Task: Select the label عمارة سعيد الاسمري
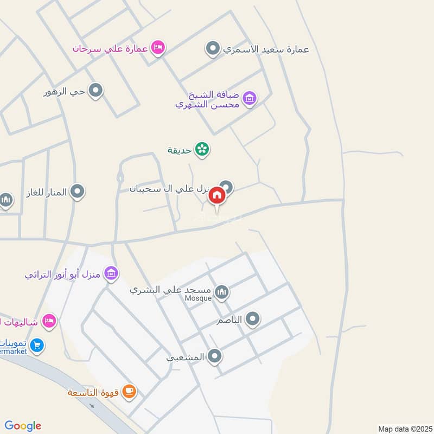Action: (265, 49)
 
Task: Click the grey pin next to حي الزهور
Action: (96, 91)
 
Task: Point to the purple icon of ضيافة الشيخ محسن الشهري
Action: (250, 98)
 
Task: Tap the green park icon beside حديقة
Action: (202, 149)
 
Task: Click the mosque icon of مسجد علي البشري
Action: (222, 293)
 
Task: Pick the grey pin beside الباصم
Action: (252, 320)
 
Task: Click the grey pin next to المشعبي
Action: (215, 356)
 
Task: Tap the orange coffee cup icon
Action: (129, 392)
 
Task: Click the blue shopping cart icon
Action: (37, 345)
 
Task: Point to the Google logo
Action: (23, 426)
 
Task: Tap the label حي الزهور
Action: (65, 91)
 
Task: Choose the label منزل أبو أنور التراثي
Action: (63, 274)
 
